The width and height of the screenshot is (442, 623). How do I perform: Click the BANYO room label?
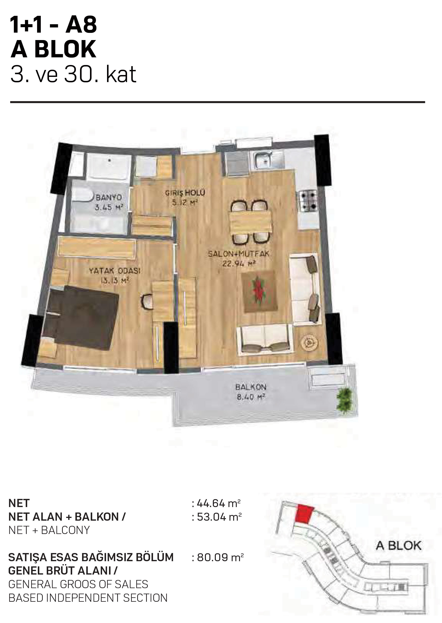[x=109, y=198]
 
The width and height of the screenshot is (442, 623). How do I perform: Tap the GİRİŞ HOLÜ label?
[x=185, y=193]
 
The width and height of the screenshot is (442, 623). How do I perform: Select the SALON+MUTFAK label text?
[x=239, y=254]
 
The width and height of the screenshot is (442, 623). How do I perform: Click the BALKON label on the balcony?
[x=251, y=387]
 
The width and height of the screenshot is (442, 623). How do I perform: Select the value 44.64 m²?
[x=219, y=504]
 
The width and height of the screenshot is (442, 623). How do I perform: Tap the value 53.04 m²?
[x=219, y=517]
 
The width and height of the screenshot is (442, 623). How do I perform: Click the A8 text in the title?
[x=81, y=25]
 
